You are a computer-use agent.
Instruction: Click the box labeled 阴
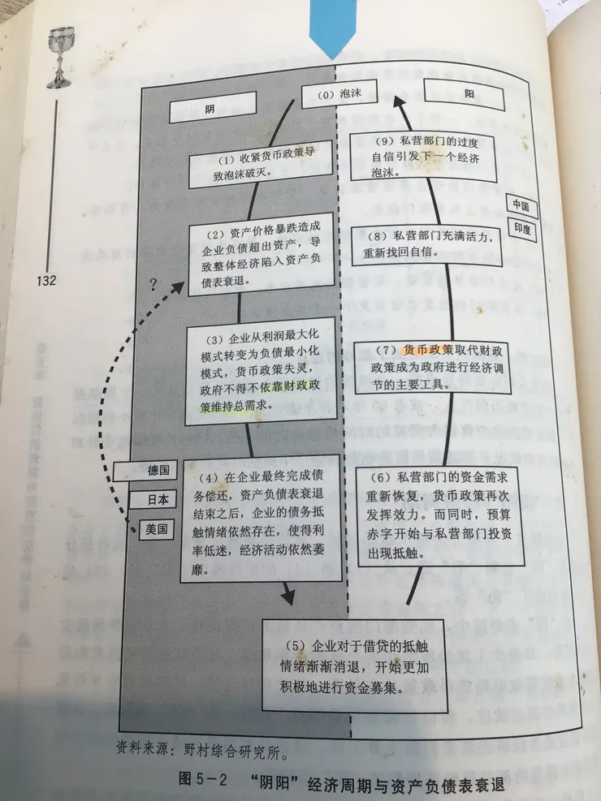(x=212, y=107)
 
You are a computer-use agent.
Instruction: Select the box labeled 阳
(x=464, y=94)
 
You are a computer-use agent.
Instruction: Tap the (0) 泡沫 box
(x=339, y=93)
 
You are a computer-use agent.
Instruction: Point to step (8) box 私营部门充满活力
(x=426, y=245)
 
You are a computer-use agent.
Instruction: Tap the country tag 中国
(x=521, y=205)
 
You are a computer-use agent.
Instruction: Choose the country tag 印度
(x=522, y=229)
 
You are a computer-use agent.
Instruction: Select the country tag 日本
(x=153, y=499)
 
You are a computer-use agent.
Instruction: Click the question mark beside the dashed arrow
(x=153, y=285)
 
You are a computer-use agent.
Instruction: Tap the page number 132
(x=46, y=280)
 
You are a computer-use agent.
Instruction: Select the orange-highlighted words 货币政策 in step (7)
(x=427, y=350)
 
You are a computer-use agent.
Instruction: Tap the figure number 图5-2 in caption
(x=203, y=781)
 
